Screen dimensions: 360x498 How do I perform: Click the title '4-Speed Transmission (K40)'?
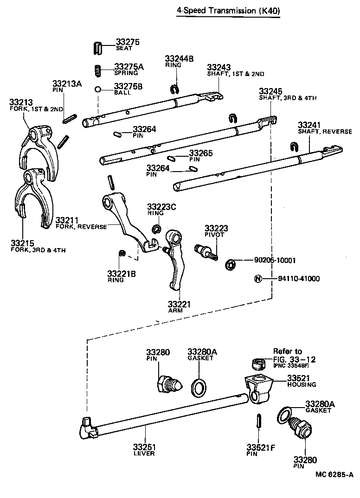coord(228,11)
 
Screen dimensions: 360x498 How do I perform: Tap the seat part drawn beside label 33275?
coord(97,48)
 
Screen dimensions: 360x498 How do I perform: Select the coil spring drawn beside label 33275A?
coord(98,70)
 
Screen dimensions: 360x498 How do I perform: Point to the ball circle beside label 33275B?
coord(98,89)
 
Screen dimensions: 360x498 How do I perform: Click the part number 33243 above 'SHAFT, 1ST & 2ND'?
coord(219,67)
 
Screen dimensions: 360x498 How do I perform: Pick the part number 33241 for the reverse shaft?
coord(309,125)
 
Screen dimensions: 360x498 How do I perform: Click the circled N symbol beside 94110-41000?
coord(257,279)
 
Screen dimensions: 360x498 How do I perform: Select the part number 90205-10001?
coord(275,260)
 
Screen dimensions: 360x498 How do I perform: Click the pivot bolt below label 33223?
coord(206,252)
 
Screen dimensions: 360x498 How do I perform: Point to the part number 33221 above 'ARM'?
coord(179,304)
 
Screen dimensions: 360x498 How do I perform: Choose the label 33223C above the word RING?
coord(161,207)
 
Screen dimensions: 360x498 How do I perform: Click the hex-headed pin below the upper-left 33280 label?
coord(169,383)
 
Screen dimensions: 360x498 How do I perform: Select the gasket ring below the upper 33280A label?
coord(199,387)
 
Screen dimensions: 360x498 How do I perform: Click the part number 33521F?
coord(261,447)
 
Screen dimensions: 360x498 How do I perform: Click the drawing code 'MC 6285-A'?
coord(334,474)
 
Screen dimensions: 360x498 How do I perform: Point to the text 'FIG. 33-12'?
coord(295,359)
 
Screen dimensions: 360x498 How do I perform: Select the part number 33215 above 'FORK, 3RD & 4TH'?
coord(22,243)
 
